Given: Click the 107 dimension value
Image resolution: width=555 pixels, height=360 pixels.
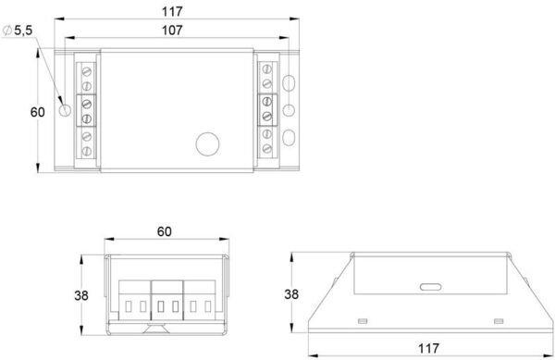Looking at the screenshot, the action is pyautogui.click(x=172, y=31).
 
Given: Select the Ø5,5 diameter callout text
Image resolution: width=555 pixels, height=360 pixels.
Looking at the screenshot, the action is pyautogui.click(x=18, y=31).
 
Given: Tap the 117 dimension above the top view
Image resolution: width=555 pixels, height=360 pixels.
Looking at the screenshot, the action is pyautogui.click(x=172, y=12).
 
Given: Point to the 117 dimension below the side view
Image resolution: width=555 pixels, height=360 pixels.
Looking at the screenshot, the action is pyautogui.click(x=428, y=348).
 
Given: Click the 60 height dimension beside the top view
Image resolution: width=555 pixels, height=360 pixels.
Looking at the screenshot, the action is pyautogui.click(x=38, y=112).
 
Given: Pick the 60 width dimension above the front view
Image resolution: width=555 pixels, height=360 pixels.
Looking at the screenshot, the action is pyautogui.click(x=165, y=231).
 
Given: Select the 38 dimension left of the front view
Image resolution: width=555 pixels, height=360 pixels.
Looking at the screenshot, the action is pyautogui.click(x=81, y=295).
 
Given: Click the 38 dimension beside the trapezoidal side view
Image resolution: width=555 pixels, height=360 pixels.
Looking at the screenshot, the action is pyautogui.click(x=291, y=293).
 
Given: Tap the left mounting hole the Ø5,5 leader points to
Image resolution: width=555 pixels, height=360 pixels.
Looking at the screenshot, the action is pyautogui.click(x=65, y=110).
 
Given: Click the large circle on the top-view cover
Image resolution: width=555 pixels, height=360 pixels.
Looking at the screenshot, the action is pyautogui.click(x=207, y=144).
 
